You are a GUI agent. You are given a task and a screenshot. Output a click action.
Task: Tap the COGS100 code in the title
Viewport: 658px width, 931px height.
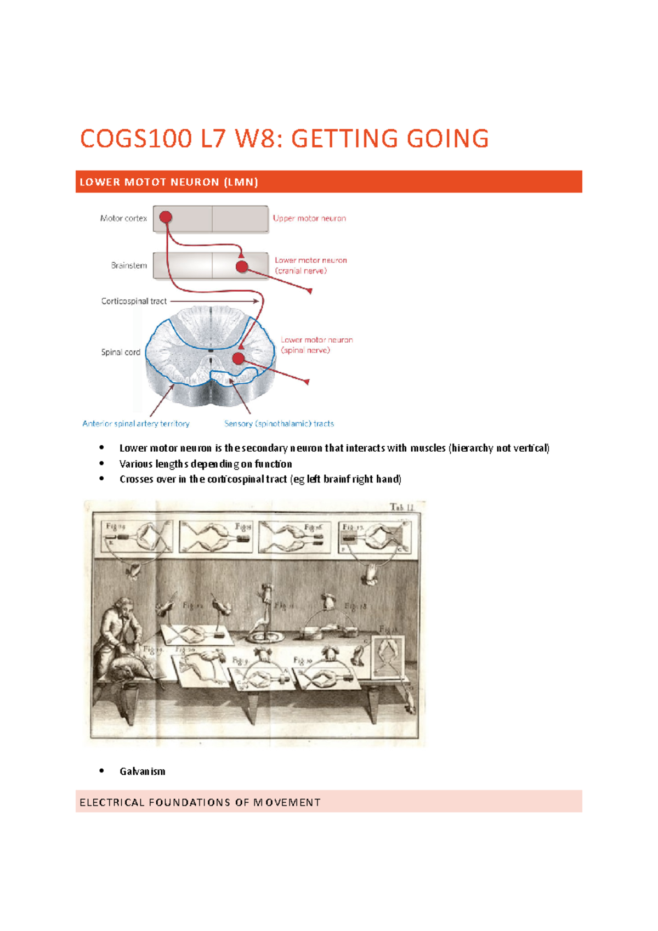(x=136, y=138)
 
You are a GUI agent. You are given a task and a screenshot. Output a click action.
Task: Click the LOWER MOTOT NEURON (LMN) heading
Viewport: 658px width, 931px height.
(x=169, y=182)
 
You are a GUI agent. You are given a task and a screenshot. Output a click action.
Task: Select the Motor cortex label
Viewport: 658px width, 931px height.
(x=123, y=218)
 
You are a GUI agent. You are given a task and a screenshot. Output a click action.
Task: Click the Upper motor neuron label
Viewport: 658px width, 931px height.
(x=309, y=218)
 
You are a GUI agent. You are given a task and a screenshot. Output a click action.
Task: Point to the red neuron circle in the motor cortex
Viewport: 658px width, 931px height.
(x=166, y=217)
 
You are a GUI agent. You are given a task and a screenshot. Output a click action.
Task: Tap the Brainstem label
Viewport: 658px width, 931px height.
(x=129, y=265)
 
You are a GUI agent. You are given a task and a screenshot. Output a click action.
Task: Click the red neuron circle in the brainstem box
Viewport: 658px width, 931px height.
(x=242, y=266)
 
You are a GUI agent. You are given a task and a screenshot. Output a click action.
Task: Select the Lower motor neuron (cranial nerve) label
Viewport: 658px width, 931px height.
(x=310, y=265)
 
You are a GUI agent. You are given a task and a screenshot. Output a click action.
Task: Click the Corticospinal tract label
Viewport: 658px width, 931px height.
(x=134, y=301)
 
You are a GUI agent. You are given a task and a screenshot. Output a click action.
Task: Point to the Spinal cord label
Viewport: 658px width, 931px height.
(x=121, y=352)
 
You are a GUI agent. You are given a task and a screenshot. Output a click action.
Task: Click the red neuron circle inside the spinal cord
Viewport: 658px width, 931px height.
(x=238, y=358)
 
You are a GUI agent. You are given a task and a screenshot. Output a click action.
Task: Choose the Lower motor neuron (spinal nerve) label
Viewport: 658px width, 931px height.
(x=316, y=345)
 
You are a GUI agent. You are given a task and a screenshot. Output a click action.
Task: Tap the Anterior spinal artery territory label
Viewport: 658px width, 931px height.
(x=136, y=423)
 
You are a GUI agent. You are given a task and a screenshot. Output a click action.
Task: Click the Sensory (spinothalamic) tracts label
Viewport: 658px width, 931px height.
(x=279, y=423)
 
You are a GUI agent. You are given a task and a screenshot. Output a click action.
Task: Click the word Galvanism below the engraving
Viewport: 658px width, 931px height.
(x=142, y=771)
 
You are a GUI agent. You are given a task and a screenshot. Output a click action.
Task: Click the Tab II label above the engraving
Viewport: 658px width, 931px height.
(x=401, y=507)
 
